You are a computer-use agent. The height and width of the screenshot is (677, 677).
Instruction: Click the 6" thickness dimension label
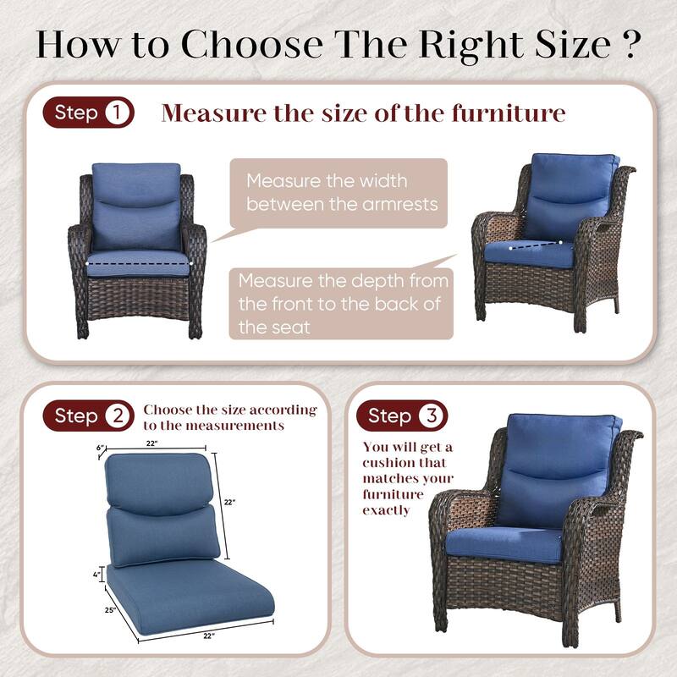point(99,448)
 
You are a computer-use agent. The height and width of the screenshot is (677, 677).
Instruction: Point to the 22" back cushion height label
point(229,502)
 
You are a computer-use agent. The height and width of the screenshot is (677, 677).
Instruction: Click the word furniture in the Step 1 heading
point(508,113)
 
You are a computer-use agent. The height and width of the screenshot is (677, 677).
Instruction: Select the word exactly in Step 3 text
point(387,510)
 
